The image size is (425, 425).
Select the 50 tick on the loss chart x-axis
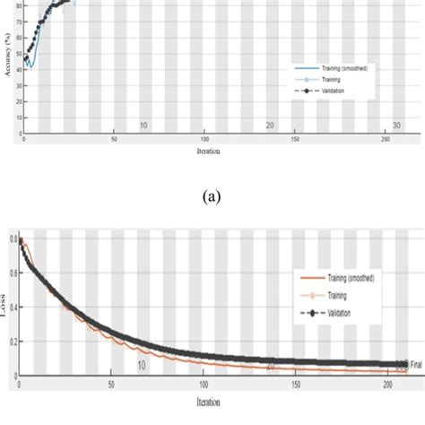[x=110, y=385]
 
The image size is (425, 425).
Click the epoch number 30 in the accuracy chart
[x=396, y=126]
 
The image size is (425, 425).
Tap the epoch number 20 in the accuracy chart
[x=269, y=126]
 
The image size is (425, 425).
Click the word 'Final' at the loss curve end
[x=415, y=364]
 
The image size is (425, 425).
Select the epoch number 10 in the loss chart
[x=142, y=365]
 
